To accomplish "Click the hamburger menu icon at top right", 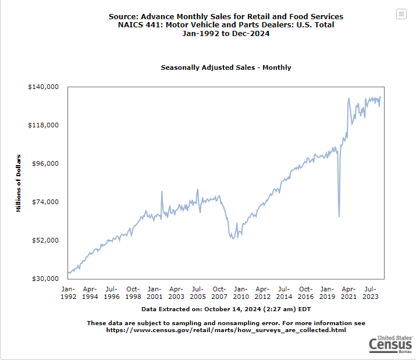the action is point(401,14).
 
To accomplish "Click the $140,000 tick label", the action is point(43,87).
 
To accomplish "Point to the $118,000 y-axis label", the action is point(43,125).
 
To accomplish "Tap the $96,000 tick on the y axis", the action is point(45,163).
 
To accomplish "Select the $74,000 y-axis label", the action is point(45,202).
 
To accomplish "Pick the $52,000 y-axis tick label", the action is point(45,240).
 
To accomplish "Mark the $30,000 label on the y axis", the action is point(45,279).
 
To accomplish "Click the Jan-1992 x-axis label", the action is point(68,293).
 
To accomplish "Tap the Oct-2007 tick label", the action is point(219,293).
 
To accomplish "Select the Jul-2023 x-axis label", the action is point(371,293).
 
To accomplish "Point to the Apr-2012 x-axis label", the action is point(262,293).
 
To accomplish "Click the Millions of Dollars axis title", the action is point(18,183).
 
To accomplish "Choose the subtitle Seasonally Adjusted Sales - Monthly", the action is point(226,67).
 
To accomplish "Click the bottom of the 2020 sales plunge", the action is point(339,216).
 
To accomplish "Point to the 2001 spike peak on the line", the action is point(162,191).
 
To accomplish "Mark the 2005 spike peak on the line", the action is point(198,190).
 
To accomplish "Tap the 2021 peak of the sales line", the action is point(349,98).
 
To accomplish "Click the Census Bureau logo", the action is point(391,344).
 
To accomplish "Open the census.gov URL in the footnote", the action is point(226,330).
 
